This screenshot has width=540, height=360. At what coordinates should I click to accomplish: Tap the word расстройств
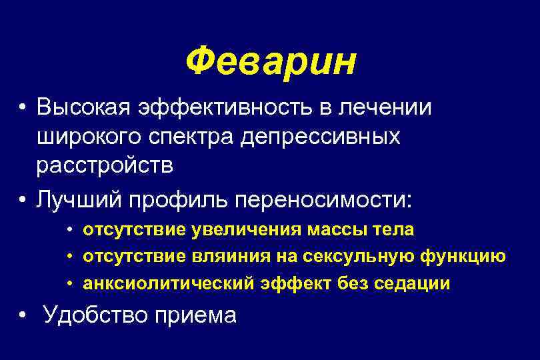[105, 167]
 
